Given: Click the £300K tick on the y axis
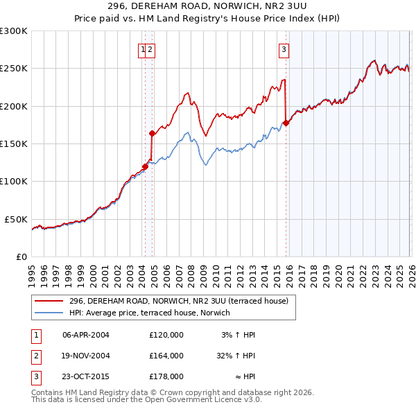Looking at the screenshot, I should pos(14,31).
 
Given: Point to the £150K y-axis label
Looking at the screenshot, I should pos(14,143).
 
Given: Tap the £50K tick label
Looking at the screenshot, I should pos(16,219).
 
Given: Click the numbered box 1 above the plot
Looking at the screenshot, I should pos(143,49).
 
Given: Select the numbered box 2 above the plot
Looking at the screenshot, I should pos(150,49).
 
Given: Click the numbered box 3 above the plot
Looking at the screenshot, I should pos(284,49).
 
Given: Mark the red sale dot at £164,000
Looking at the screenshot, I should pos(152,133).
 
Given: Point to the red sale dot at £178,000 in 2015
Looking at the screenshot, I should pos(286,123).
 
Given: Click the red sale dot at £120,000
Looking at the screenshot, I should pos(145,166).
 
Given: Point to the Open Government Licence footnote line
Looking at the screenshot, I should pos(146,400).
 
